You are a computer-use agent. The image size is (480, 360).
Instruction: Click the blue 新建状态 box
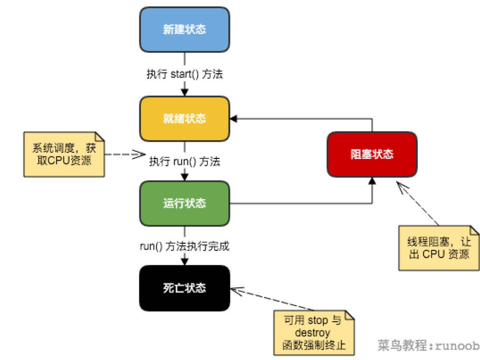(184, 29)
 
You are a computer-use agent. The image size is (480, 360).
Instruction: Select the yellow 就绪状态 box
(184, 119)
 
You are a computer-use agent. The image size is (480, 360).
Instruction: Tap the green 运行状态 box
(184, 203)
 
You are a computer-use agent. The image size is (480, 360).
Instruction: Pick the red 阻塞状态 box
(372, 154)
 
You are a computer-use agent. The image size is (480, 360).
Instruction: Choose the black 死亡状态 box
(184, 288)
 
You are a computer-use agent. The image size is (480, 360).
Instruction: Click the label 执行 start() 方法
(184, 74)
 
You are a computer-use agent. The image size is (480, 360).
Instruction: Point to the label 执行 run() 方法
(184, 161)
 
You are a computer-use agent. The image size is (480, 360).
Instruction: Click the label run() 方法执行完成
(184, 247)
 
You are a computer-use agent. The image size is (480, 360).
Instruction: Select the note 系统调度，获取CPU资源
(64, 154)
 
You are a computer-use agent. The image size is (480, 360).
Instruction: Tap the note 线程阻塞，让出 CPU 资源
(439, 248)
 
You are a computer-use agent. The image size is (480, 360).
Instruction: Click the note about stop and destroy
(314, 332)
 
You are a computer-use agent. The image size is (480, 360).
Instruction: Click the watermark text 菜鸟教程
(396, 345)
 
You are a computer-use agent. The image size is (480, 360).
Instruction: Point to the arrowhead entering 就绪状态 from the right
(234, 119)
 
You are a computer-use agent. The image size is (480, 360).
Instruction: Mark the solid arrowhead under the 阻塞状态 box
(372, 180)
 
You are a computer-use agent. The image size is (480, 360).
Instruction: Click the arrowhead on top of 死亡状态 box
(184, 261)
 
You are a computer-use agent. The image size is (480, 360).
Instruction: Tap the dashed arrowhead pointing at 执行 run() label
(139, 154)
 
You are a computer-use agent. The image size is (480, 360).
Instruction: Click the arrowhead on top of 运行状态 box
(184, 177)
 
